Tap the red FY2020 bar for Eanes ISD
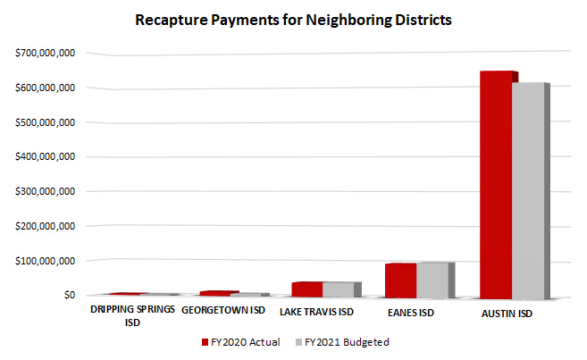401,280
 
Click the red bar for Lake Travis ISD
306,289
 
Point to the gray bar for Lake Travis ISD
338,289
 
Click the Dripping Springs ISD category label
132,316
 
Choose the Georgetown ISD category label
222,312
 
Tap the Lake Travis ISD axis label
317,312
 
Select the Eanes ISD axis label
412,312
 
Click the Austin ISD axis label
507,312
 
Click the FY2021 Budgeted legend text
348,341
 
